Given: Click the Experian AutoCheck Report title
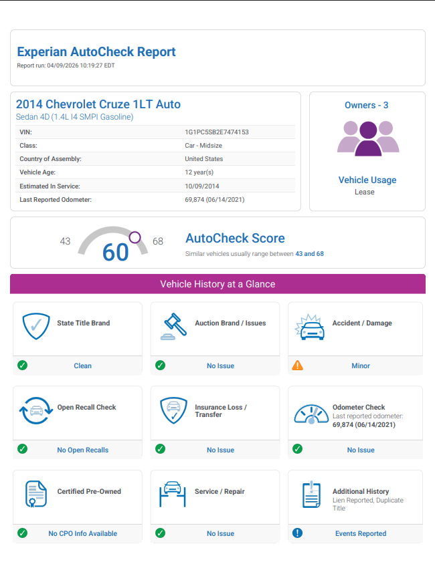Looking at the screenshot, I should click(x=96, y=51).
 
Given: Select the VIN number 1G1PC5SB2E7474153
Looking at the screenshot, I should click(x=217, y=132).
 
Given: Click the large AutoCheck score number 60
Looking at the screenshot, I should click(x=115, y=252).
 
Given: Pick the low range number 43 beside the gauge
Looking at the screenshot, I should click(x=65, y=241).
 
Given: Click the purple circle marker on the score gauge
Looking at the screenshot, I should click(x=135, y=237).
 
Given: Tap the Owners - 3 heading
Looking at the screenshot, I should click(x=366, y=105).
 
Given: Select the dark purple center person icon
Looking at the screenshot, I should click(x=367, y=138).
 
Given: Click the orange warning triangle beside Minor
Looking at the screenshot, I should click(x=298, y=366).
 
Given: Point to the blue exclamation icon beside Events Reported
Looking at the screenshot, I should click(x=298, y=533).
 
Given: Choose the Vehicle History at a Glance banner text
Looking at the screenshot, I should click(x=217, y=284).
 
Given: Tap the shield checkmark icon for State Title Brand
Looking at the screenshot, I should click(x=36, y=325).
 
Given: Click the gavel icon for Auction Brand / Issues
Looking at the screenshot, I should click(x=174, y=326).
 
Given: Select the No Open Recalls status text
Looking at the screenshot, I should click(x=82, y=450).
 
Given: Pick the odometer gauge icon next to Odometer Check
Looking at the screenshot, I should click(x=311, y=414).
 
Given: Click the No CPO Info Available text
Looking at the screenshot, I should click(x=82, y=533).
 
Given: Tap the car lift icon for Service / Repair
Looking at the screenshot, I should click(x=172, y=493).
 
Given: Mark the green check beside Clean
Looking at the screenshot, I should click(x=22, y=366).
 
